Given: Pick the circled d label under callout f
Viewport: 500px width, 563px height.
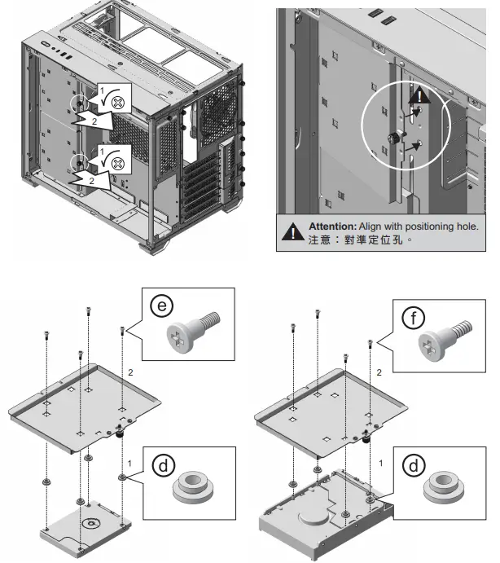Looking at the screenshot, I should coord(414,465).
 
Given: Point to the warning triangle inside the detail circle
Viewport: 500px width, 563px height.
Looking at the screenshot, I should coord(419,97).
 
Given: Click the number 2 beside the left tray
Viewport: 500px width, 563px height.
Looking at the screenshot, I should coord(131,372).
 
